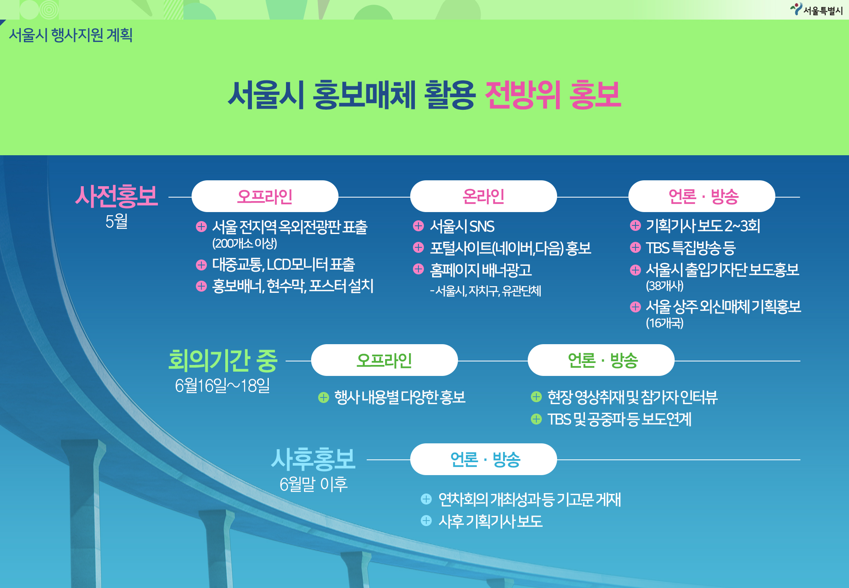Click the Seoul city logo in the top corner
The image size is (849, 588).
816,9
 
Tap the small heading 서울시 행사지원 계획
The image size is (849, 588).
71,35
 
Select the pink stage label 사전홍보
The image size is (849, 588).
116,196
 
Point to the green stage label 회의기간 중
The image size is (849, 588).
223,360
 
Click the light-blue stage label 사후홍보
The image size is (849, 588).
313,459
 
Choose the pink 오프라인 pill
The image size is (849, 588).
265,196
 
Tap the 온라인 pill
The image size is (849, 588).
483,196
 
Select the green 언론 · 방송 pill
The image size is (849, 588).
601,360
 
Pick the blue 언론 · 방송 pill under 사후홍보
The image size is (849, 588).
483,459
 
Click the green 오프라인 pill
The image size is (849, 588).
384,360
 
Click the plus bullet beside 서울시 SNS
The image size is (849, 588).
418,226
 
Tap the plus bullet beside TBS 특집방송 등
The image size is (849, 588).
635,247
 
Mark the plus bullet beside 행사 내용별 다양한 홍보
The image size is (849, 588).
324,397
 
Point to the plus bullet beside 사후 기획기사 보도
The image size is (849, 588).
426,521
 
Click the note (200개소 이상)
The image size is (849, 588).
244,243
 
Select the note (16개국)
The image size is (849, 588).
664,323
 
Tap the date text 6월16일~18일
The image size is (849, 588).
223,385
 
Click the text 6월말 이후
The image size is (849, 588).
313,484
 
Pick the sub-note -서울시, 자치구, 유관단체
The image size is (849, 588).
485,290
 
